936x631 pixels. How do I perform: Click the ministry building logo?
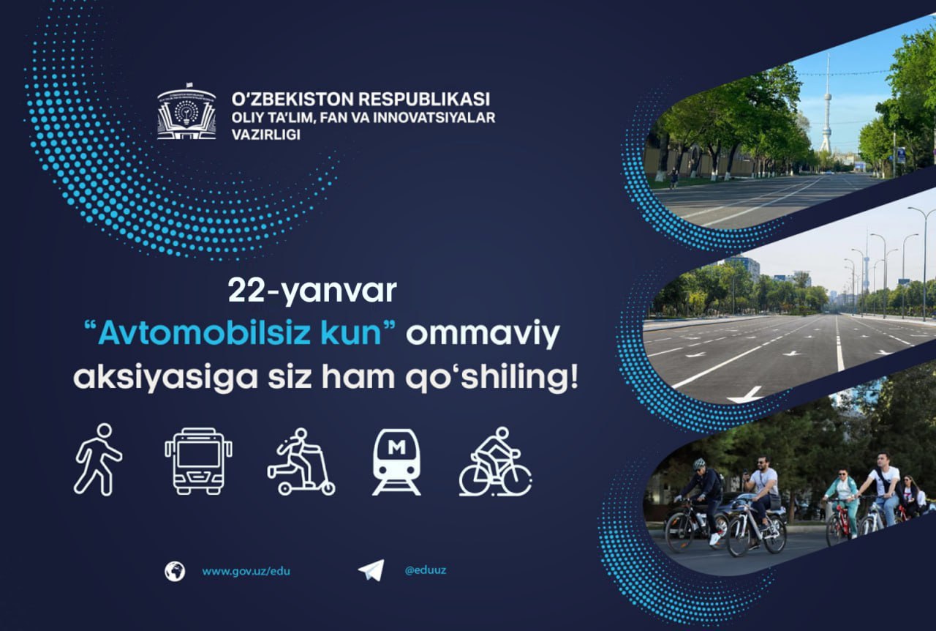(x=186, y=112)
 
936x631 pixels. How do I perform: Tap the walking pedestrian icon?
(x=98, y=460)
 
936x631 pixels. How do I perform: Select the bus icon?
(x=198, y=461)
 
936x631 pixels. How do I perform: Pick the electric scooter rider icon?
(x=301, y=461)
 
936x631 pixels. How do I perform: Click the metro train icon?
(x=396, y=462)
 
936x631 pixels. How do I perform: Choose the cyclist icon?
(x=495, y=461)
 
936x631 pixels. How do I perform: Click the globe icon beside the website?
(x=175, y=571)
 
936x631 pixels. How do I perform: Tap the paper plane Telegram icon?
(x=371, y=570)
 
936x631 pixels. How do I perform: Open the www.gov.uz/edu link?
(x=246, y=571)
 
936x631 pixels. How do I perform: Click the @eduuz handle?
(x=426, y=570)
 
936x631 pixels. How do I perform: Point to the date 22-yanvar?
(x=312, y=291)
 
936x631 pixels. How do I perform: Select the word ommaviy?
(x=483, y=335)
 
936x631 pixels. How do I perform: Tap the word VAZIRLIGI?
(x=265, y=134)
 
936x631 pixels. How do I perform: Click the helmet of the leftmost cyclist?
(x=698, y=463)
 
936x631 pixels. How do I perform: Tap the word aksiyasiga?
(x=165, y=378)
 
